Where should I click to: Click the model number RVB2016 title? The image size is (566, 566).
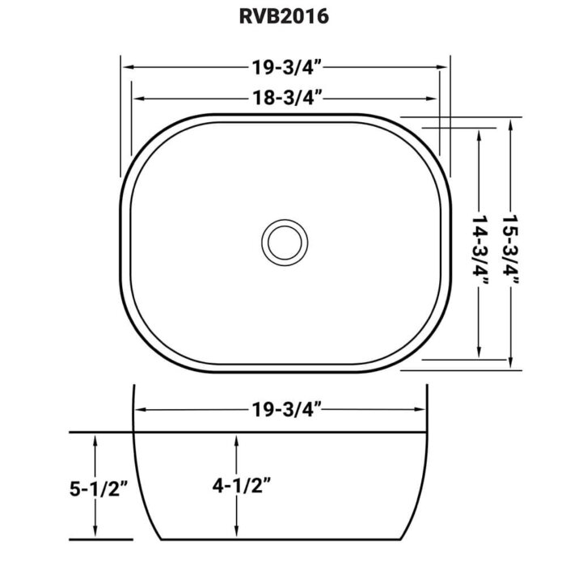[x=283, y=18]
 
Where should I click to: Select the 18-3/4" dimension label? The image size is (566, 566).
[x=283, y=99]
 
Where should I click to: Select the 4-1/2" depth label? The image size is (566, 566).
[x=241, y=486]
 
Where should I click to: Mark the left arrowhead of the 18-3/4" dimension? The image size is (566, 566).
[x=136, y=99]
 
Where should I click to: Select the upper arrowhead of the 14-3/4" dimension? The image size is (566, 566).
[x=482, y=134]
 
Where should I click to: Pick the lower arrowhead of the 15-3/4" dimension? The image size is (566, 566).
[x=511, y=362]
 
